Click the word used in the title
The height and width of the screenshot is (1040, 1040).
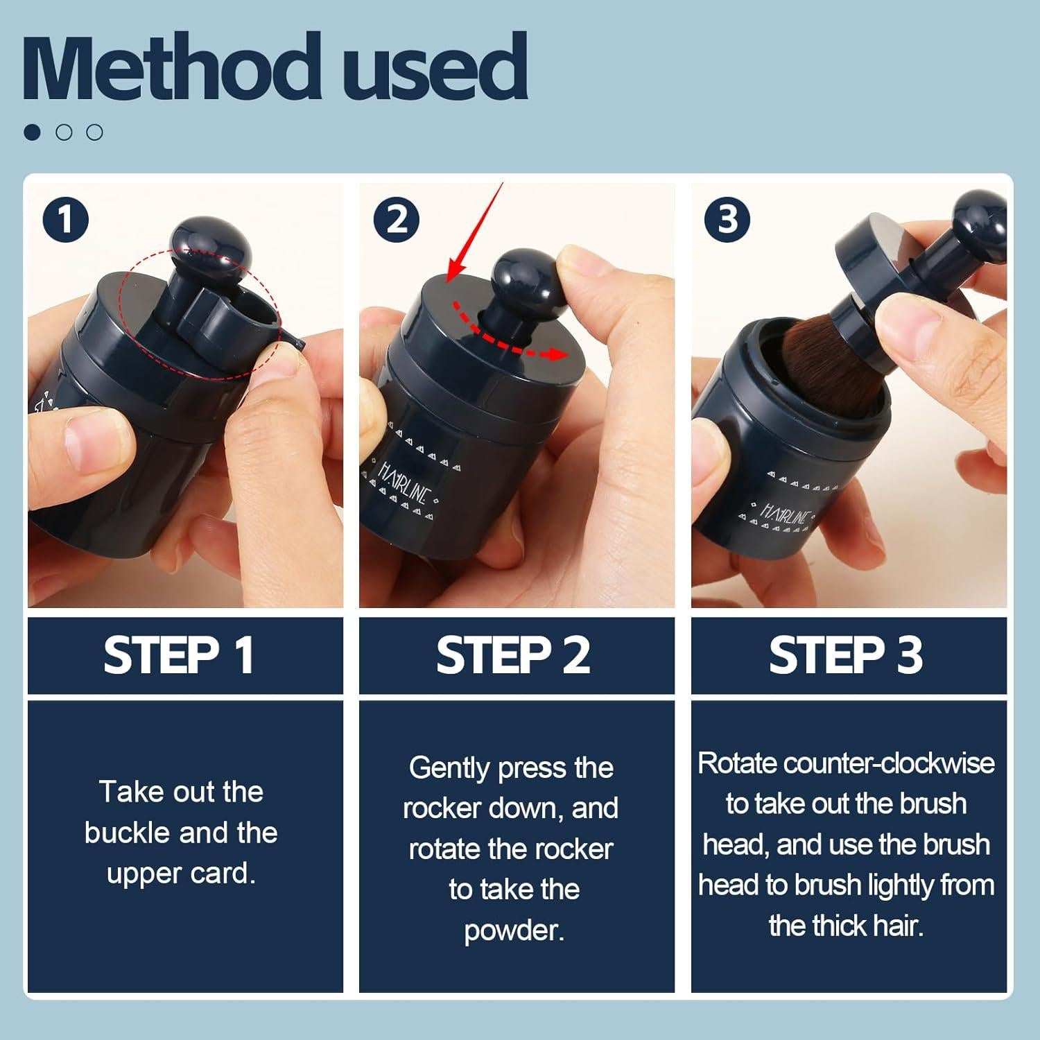436,67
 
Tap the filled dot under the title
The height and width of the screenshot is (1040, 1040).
32,132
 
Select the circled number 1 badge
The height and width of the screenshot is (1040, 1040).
66,220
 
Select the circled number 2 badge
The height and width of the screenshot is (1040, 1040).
396,220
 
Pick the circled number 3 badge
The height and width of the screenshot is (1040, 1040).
727,220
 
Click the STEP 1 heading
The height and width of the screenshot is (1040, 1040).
179,655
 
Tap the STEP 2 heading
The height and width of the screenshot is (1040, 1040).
513,655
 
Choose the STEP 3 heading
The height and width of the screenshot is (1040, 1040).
846,655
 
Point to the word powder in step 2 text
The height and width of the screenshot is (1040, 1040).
514,931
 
